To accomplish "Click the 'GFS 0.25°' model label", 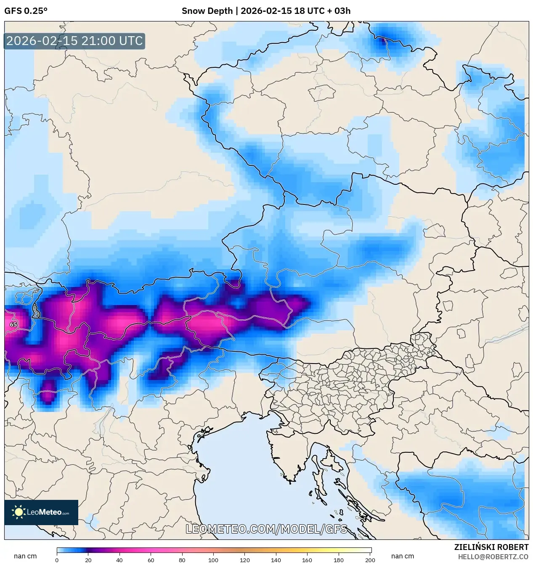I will [26, 11].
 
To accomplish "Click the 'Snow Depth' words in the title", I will [207, 11].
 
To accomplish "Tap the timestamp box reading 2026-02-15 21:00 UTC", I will [74, 41].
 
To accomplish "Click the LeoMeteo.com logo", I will [41, 512].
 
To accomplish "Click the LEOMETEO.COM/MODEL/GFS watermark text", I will [266, 529].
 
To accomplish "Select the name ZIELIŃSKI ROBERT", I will [491, 547].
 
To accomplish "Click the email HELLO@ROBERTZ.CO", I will [493, 557].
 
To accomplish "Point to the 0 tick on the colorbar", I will [57, 560].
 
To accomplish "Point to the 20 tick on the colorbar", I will [88, 560].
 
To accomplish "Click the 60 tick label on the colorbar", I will [151, 560].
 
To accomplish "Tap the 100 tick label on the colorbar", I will [213, 560].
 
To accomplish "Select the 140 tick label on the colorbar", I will [276, 560].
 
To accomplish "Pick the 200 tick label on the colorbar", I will [370, 560].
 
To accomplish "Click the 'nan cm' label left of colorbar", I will [25, 556].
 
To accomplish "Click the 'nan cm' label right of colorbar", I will [403, 556].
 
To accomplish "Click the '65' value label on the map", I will [13, 324].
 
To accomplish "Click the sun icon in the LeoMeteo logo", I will [19, 512].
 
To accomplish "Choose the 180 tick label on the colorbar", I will [339, 560].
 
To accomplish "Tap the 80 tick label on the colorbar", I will [182, 560].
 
